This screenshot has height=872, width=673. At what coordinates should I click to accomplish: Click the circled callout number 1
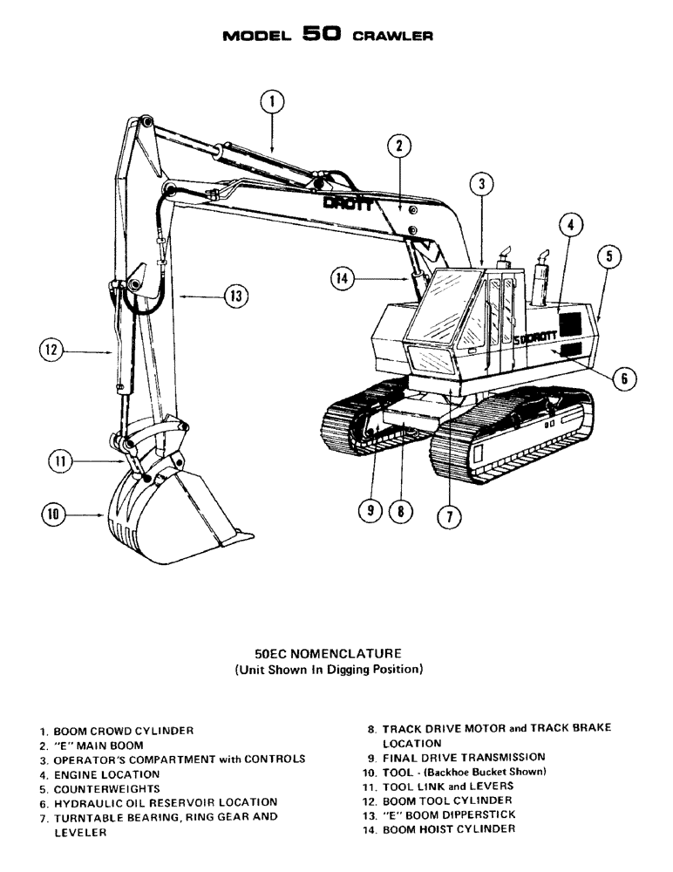pos(272,103)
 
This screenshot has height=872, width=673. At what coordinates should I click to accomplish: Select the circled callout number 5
pos(609,256)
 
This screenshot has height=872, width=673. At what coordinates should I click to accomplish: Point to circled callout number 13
pos(235,296)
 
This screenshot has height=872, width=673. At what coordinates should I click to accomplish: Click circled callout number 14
pos(343,278)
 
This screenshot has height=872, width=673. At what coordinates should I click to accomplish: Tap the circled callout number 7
pos(448,516)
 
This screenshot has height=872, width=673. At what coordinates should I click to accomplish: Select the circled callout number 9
pos(370,512)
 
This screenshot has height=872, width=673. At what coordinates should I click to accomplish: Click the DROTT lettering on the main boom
pos(348,203)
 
